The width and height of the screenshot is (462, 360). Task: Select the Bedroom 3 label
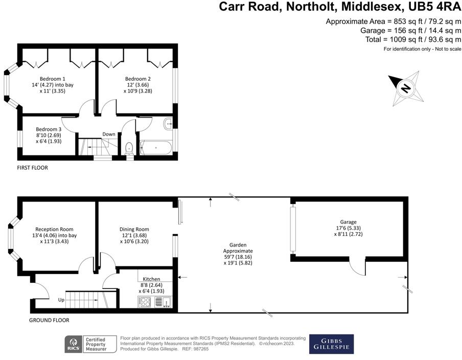tap(49, 129)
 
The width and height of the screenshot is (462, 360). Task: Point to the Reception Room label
tap(54, 229)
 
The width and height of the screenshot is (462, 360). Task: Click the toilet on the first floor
tap(130, 148)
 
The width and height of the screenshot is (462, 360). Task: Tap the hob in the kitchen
tap(145, 302)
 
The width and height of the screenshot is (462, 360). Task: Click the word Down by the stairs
tap(108, 134)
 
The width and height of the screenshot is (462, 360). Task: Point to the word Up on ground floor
tap(61, 300)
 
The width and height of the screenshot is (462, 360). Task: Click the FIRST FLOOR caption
tap(33, 167)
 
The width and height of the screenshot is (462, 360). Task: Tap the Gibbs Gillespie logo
tap(331, 344)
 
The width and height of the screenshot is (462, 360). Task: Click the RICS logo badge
tap(73, 344)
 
